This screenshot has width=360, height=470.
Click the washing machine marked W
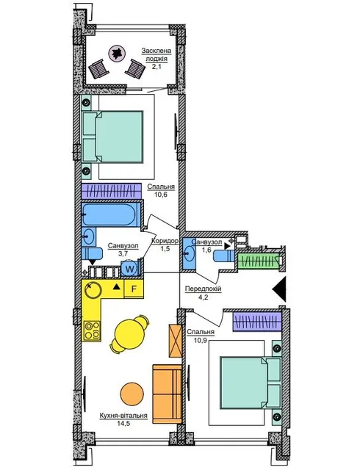(x=130, y=269)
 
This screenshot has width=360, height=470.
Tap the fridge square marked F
(x=134, y=289)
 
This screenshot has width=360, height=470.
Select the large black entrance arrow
(x=279, y=289)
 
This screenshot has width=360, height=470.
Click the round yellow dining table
(x=130, y=333)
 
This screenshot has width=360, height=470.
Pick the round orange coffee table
(x=132, y=394)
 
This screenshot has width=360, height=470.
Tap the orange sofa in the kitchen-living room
(x=167, y=394)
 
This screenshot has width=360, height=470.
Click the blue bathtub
(x=111, y=214)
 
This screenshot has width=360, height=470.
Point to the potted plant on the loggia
(x=116, y=53)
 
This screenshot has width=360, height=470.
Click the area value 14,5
(x=123, y=424)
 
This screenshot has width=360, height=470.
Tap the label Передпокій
(x=203, y=289)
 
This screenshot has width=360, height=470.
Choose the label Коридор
(x=165, y=241)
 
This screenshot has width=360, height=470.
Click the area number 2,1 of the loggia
(x=156, y=67)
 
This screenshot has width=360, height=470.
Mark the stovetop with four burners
(x=92, y=330)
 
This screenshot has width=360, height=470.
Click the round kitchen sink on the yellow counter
(x=91, y=289)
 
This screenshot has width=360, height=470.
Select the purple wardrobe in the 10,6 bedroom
(x=111, y=191)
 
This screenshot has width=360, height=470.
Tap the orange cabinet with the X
(x=176, y=341)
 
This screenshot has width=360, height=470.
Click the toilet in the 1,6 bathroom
(x=224, y=256)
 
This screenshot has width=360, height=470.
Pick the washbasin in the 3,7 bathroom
(x=88, y=236)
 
